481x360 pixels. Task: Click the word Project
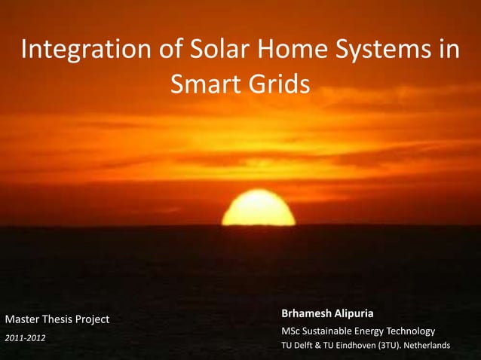[x=93, y=320]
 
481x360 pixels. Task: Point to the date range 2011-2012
[x=25, y=337]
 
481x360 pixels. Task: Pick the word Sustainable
[x=336, y=331]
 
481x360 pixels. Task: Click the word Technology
[x=408, y=331]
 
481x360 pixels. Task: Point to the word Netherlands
[x=431, y=346]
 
